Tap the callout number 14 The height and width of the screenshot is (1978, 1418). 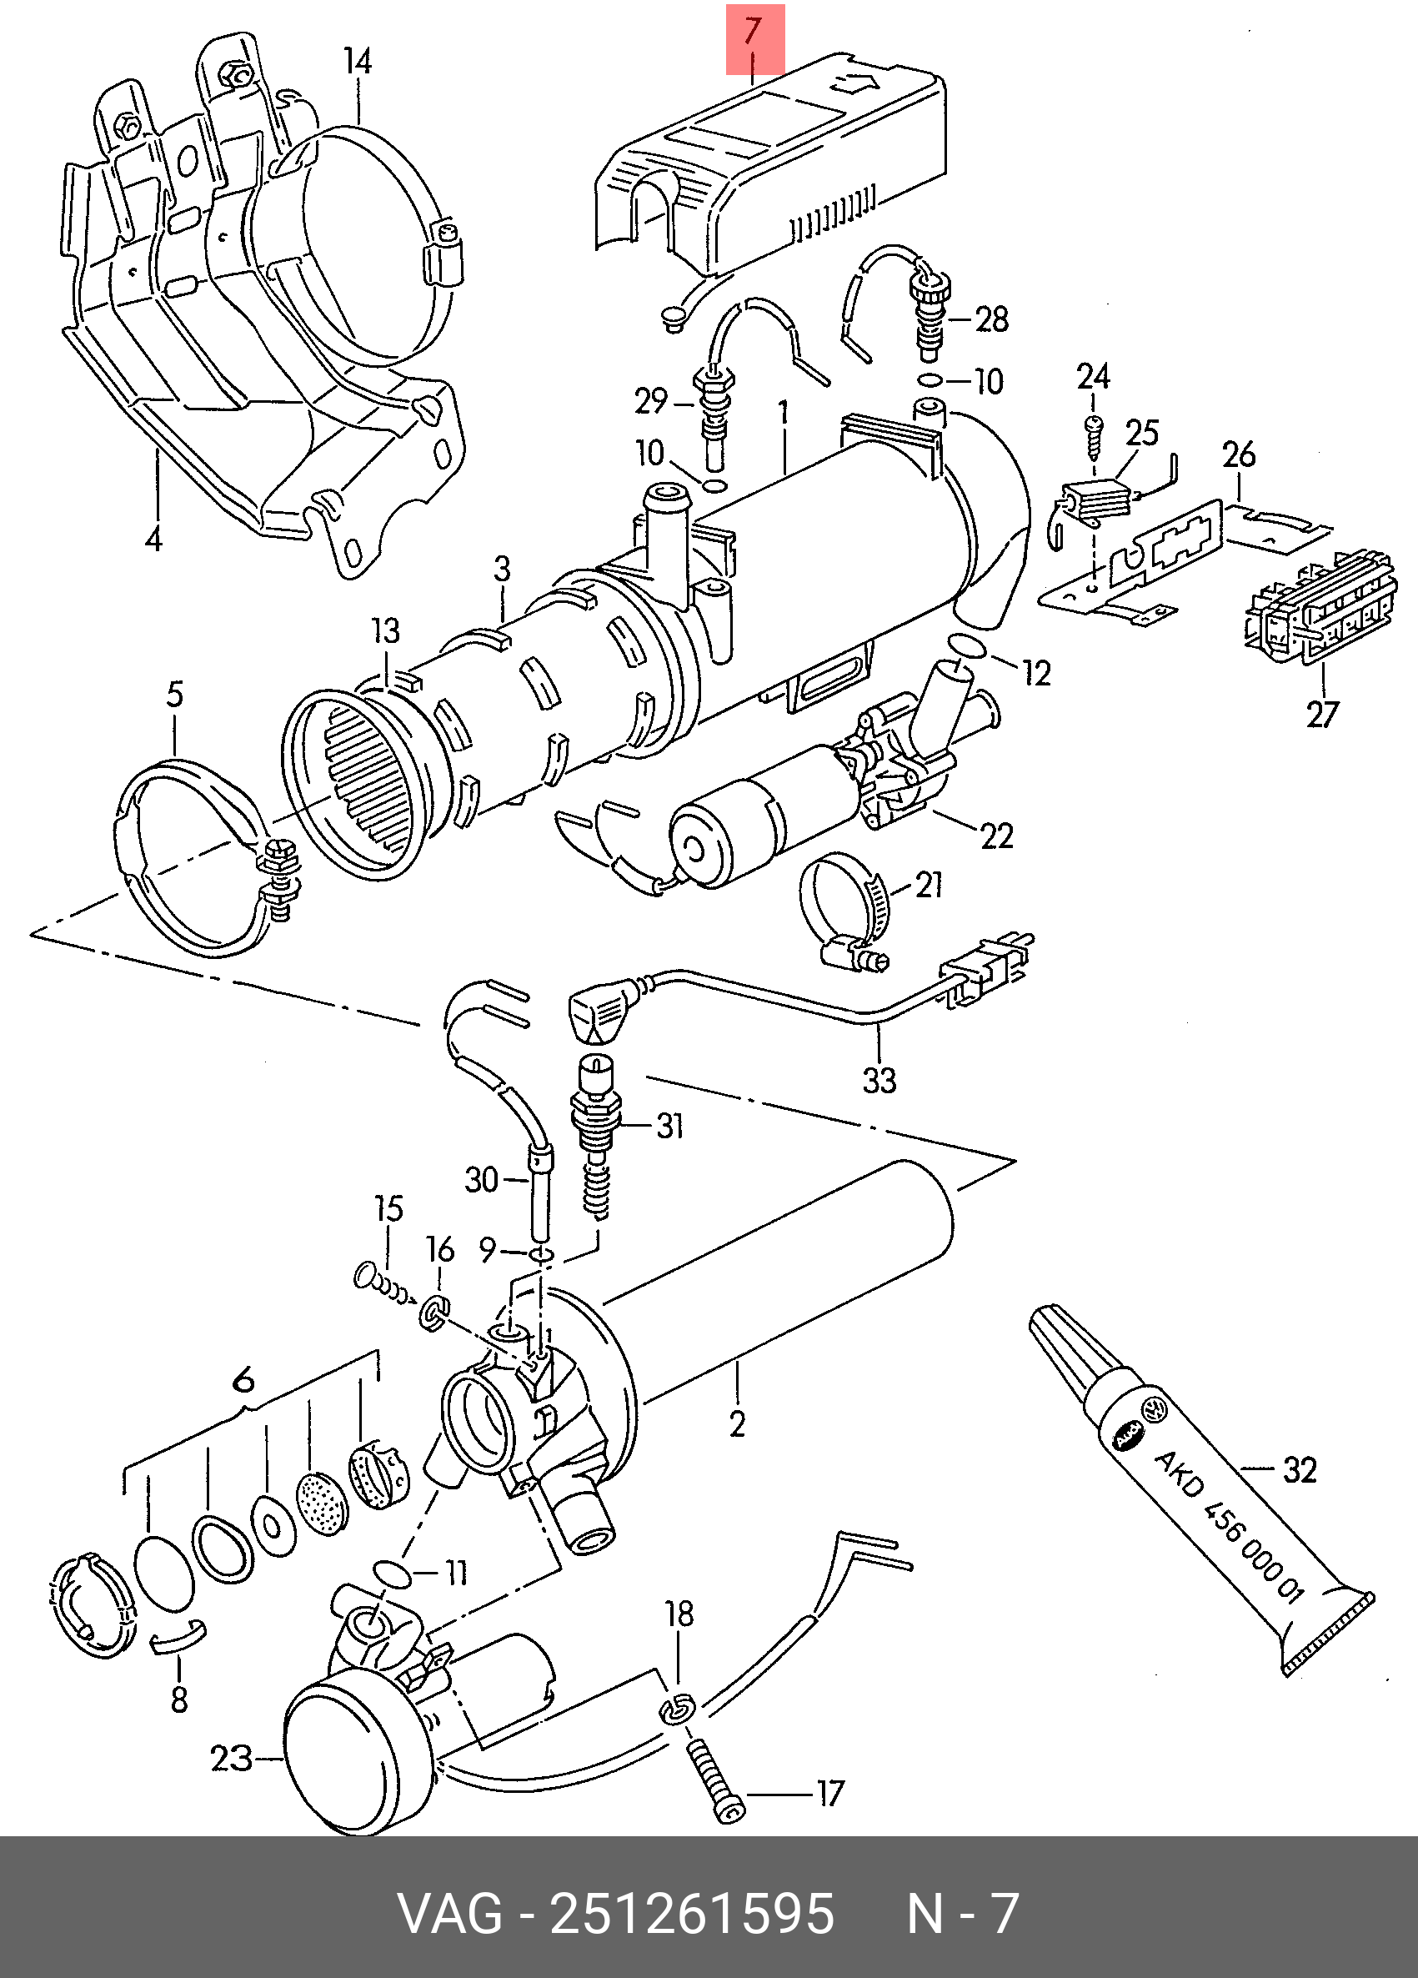pos(358,62)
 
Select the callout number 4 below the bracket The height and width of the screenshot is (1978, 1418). pos(153,540)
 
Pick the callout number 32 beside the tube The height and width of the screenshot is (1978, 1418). pos(1300,1470)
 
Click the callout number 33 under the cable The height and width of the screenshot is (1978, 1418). pos(879,1081)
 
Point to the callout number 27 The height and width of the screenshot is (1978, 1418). pos(1322,715)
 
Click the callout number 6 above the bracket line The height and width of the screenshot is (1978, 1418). pos(244,1380)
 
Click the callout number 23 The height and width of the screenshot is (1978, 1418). pos(232,1757)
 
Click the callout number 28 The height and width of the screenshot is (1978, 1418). pos(992,319)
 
